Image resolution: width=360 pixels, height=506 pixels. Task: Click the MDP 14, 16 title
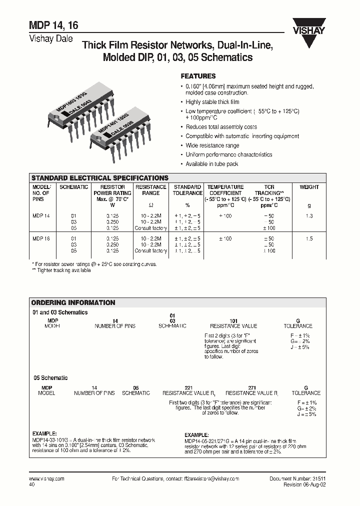click(x=52, y=26)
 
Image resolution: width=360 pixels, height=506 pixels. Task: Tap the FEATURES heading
click(x=197, y=76)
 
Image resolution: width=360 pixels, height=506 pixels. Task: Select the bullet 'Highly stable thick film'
click(x=212, y=102)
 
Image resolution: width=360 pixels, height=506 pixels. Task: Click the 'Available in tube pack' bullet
click(x=211, y=164)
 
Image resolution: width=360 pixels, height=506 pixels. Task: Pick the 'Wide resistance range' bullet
click(x=212, y=145)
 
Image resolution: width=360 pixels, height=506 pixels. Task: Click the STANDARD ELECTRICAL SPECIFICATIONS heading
click(x=99, y=178)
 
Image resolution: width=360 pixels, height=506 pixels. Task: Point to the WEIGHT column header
click(x=309, y=187)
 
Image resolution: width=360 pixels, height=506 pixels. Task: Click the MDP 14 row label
click(x=41, y=215)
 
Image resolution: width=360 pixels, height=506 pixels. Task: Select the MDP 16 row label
click(x=41, y=239)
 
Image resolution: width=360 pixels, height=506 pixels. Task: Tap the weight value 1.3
click(x=309, y=215)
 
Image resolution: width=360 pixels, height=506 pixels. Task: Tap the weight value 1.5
click(x=309, y=239)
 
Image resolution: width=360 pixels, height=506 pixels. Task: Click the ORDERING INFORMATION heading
click(x=73, y=302)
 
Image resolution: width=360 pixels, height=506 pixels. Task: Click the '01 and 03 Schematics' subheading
click(x=59, y=312)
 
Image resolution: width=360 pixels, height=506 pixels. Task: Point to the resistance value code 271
click(x=252, y=387)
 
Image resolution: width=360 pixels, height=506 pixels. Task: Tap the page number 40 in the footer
click(x=32, y=484)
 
